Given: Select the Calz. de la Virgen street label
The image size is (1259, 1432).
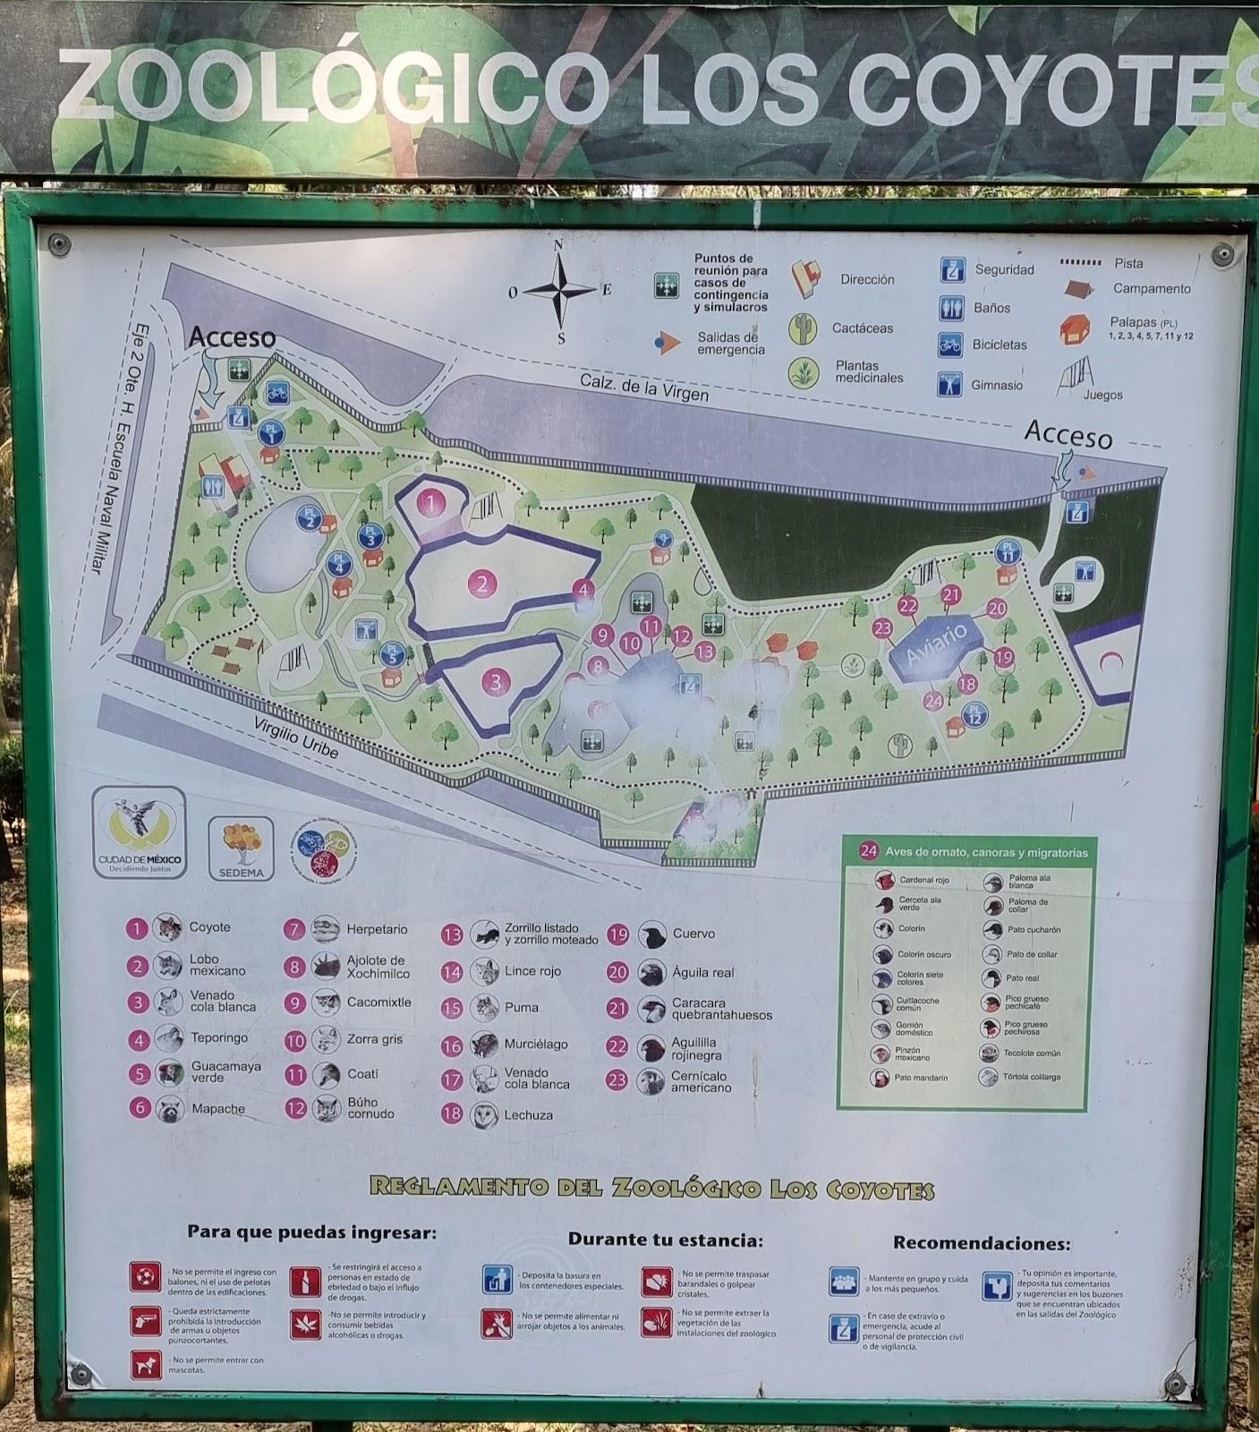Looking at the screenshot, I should pyautogui.click(x=644, y=387).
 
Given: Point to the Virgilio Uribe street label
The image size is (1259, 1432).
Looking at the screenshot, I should pyautogui.click(x=296, y=737).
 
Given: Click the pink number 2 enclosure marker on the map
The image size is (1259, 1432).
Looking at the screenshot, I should pyautogui.click(x=482, y=584).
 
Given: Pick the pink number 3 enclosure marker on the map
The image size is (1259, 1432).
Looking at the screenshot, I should pyautogui.click(x=497, y=682).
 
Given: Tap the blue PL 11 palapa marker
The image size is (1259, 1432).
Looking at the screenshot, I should pyautogui.click(x=1008, y=552).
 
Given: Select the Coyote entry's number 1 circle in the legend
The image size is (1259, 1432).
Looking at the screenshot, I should pyautogui.click(x=136, y=928).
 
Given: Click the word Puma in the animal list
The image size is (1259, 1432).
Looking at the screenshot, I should pyautogui.click(x=522, y=1007).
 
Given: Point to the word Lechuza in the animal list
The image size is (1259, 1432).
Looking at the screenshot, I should pyautogui.click(x=528, y=1115).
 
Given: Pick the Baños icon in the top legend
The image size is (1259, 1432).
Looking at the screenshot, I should pyautogui.click(x=951, y=309).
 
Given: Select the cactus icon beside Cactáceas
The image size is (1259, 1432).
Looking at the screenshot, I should pyautogui.click(x=803, y=328).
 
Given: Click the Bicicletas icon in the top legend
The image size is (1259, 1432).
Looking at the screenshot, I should pyautogui.click(x=951, y=345).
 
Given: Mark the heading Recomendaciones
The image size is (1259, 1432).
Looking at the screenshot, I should pyautogui.click(x=981, y=1243).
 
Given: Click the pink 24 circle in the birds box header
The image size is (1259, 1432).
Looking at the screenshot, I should pyautogui.click(x=869, y=851).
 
